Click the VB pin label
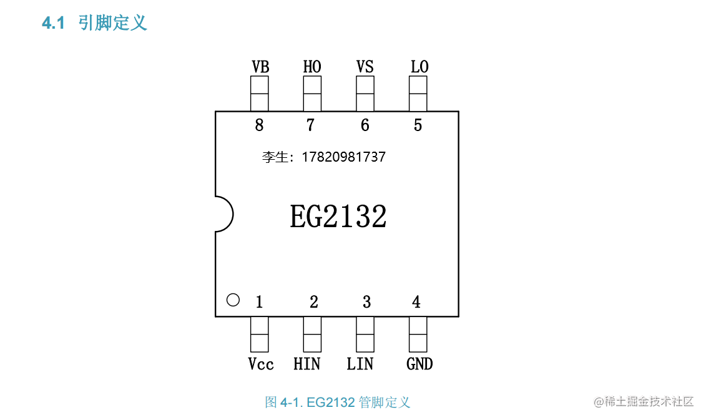pos(260,67)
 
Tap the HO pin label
pos(312,67)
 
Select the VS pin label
pos(365,67)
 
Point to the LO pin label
pos(419,67)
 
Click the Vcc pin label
pos(260,364)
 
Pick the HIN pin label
pos(307,364)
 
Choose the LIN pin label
pos(360,364)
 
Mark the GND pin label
pos(419,364)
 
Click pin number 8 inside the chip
pos(259,125)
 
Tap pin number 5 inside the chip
pos(418,125)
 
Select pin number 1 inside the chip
pos(259,303)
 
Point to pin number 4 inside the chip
pos(416,303)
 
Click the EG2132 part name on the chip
pos(338,217)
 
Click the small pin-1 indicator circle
pos(233,300)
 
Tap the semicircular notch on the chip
pos(224,214)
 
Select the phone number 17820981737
pos(343,157)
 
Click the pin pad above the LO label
pos(418,94)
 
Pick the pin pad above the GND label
pos(418,334)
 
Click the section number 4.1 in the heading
pos(53,24)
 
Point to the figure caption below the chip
pos(338,402)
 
